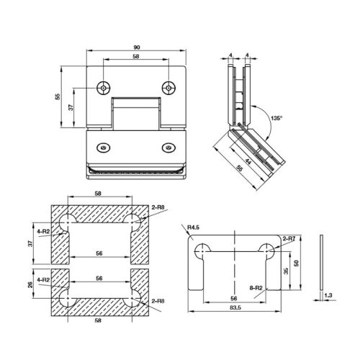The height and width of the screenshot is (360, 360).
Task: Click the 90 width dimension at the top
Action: point(136,48)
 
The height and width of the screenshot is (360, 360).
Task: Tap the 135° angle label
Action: point(276,118)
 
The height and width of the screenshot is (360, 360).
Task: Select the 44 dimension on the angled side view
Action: point(248,162)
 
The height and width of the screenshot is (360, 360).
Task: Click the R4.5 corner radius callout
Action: point(193,227)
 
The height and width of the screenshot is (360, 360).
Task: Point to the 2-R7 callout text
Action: point(289,238)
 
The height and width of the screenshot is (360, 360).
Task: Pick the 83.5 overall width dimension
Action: point(235,307)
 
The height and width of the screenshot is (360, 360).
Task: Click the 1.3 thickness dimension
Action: point(328,295)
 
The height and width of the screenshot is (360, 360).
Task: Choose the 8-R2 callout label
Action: point(256,288)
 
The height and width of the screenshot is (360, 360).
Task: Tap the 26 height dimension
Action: point(30,284)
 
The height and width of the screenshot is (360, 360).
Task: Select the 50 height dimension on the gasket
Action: point(297,263)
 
